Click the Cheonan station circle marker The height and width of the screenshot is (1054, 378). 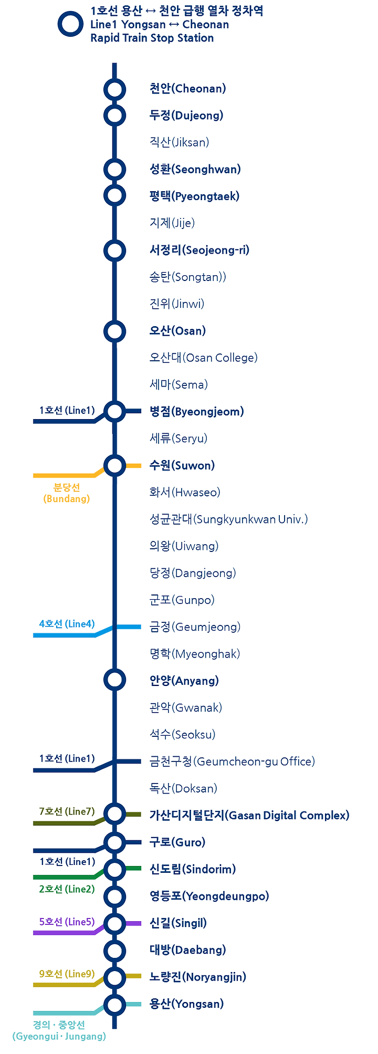coord(114,89)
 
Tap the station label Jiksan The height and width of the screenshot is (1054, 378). coord(179,142)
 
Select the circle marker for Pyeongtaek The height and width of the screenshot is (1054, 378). coord(114,196)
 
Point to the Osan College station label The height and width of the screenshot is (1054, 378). coord(203,358)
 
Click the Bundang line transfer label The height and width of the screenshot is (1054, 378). coord(66,493)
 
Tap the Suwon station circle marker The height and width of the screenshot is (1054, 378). coord(114,465)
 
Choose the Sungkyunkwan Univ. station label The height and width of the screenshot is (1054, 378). coord(228,519)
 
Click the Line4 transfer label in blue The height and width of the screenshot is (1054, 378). coord(67,624)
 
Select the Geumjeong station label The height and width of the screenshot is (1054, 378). coord(195,627)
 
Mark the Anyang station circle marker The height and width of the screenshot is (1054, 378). coord(114,680)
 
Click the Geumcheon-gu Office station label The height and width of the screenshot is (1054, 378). coord(232,761)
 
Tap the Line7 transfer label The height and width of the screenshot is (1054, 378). coord(67,811)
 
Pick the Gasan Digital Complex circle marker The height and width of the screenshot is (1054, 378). coord(114,815)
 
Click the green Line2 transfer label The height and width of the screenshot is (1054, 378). coord(67,889)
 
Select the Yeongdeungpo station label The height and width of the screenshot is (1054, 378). coord(209,896)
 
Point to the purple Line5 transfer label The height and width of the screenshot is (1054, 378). coord(67,922)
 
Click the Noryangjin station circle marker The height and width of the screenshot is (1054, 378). coord(114,977)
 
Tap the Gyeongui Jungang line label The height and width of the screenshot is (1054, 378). coord(59,1030)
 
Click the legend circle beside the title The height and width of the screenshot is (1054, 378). coord(70,24)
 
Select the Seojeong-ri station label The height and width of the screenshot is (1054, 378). coord(199,250)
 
